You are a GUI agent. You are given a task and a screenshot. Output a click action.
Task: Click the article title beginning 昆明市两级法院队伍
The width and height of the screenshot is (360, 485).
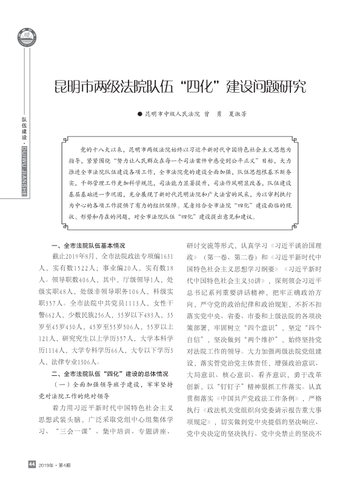point(180,85)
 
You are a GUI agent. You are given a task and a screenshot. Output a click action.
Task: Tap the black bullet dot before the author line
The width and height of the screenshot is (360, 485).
point(139,113)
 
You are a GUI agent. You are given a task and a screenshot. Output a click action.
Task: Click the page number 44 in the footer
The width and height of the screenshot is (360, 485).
point(32,464)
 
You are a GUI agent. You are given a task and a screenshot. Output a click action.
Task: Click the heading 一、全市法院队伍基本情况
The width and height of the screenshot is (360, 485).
point(88,246)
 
